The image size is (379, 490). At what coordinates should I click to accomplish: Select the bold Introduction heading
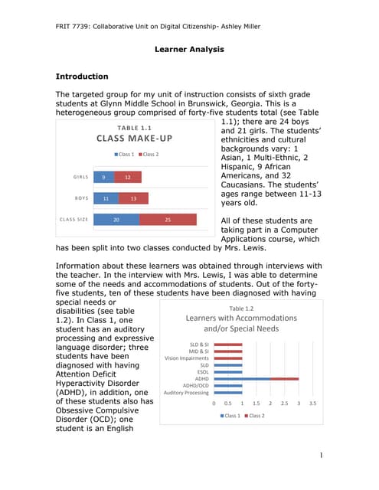[82, 77]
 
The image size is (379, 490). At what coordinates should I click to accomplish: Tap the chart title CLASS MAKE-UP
[134, 139]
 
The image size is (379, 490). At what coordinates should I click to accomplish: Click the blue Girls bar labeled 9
[103, 177]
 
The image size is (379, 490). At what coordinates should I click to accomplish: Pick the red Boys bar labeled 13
[133, 198]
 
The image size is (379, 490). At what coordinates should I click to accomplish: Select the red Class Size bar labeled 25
[168, 220]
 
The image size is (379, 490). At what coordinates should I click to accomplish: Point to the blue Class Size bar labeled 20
[116, 220]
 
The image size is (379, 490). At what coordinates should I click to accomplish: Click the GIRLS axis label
[80, 177]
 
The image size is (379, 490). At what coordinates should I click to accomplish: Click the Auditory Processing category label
[186, 393]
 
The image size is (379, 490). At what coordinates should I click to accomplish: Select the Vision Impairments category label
[186, 358]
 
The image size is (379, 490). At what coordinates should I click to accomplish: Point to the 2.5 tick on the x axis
[284, 403]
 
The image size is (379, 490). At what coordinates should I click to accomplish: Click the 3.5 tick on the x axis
[312, 403]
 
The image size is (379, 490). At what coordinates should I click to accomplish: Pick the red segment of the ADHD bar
[284, 379]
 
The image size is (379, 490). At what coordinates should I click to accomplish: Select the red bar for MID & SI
[228, 351]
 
